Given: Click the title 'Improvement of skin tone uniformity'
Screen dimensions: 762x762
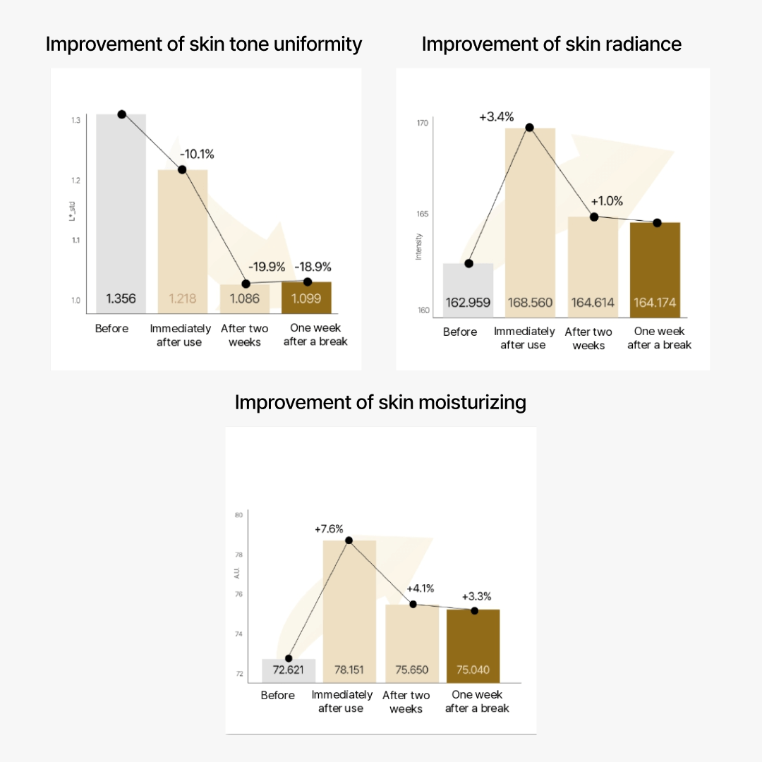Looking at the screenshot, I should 203,44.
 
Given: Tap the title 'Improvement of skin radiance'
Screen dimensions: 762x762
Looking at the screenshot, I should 551,44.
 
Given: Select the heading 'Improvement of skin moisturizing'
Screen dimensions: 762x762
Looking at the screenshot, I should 380,403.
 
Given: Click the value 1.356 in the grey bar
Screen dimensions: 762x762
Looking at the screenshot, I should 121,298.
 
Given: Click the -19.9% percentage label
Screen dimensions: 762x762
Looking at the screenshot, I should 266,267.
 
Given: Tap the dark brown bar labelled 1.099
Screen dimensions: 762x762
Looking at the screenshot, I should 306,298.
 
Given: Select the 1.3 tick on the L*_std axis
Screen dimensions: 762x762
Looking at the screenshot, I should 75,121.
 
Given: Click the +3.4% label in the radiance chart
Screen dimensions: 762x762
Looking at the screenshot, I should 496,116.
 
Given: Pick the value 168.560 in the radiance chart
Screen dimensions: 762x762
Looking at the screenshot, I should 529,303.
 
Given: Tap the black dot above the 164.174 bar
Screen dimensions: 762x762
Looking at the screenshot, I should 656,223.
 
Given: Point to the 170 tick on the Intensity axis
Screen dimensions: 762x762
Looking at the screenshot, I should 423,123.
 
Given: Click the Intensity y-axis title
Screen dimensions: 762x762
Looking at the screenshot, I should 418,247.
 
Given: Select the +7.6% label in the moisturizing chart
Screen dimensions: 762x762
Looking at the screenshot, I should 329,528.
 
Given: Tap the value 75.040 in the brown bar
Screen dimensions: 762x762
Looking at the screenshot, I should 473,670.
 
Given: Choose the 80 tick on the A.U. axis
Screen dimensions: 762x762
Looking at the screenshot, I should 238,515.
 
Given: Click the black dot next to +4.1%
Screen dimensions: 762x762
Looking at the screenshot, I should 413,604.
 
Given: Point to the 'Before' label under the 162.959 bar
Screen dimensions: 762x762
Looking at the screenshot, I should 460,332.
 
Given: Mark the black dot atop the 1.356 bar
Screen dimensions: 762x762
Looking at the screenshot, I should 121,114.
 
